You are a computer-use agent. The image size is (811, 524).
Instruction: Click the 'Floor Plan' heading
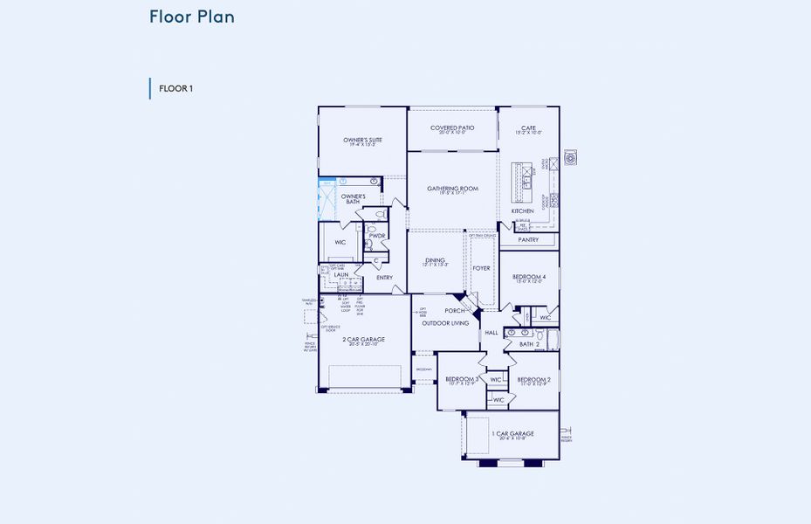click(x=191, y=17)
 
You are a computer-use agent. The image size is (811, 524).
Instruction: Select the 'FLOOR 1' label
click(x=176, y=89)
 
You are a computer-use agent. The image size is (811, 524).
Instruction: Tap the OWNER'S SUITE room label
click(x=362, y=140)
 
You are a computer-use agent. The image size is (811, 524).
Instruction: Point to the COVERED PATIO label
click(x=452, y=128)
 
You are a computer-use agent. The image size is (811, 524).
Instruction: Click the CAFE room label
click(x=528, y=128)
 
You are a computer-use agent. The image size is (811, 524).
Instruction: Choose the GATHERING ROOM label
click(x=452, y=189)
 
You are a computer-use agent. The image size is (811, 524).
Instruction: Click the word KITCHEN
click(x=523, y=211)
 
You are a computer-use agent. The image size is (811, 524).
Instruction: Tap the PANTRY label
click(x=528, y=239)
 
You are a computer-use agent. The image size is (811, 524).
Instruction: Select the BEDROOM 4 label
click(x=529, y=277)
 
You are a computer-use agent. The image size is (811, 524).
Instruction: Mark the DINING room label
click(x=435, y=260)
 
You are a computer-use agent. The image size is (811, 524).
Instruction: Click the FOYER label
click(x=481, y=268)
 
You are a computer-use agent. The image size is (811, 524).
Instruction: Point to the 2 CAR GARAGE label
click(x=364, y=340)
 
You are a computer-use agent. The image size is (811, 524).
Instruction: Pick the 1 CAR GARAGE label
click(x=512, y=434)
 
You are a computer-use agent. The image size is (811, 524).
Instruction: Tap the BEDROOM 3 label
click(x=459, y=380)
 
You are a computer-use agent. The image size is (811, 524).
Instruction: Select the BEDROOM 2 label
click(x=533, y=380)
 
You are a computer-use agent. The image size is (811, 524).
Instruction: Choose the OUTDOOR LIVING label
click(x=447, y=323)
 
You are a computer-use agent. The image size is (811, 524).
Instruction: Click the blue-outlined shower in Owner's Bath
click(x=326, y=196)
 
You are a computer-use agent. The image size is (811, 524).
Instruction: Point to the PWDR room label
click(x=377, y=236)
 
